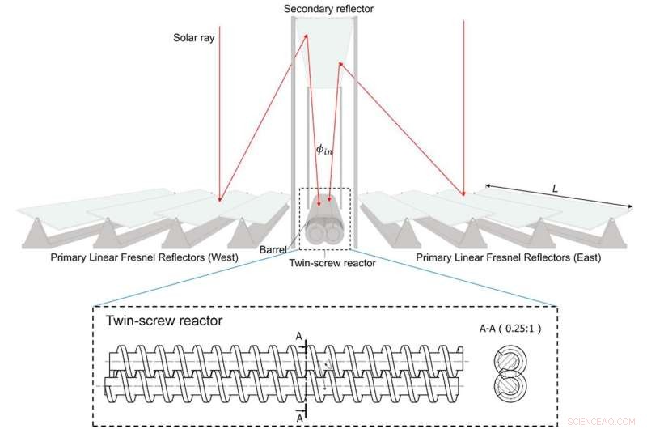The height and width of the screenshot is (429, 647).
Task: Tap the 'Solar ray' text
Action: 193,37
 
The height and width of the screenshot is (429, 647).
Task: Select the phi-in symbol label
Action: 325,150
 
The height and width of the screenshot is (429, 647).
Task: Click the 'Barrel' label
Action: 273,251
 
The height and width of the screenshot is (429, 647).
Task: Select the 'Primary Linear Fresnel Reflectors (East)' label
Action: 508,257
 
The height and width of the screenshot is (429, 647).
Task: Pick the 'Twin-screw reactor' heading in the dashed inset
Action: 164,320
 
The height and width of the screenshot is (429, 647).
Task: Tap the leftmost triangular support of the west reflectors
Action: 37,234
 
